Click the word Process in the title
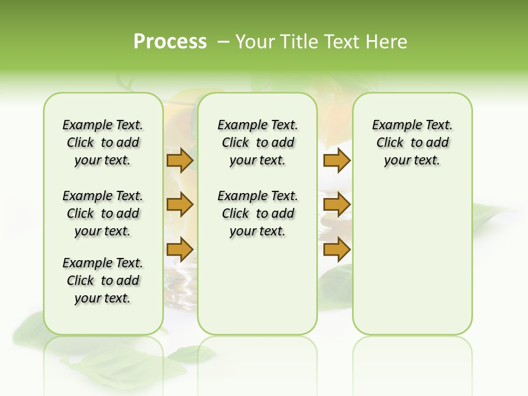tap(170, 42)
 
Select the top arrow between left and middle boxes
tap(179, 161)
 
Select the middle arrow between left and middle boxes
tap(179, 205)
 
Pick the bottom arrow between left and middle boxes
tap(179, 249)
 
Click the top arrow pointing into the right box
tap(337, 161)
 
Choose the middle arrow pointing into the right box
tap(337, 205)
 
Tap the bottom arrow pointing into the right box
tap(337, 249)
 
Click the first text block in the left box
tap(103, 142)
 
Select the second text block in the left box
tap(103, 213)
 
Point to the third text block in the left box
tap(103, 280)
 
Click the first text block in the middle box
tap(257, 142)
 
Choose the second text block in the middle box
tap(257, 213)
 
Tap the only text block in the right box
tap(412, 142)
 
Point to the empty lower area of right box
tap(412, 258)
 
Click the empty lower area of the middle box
tap(257, 286)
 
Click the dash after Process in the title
tap(223, 42)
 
